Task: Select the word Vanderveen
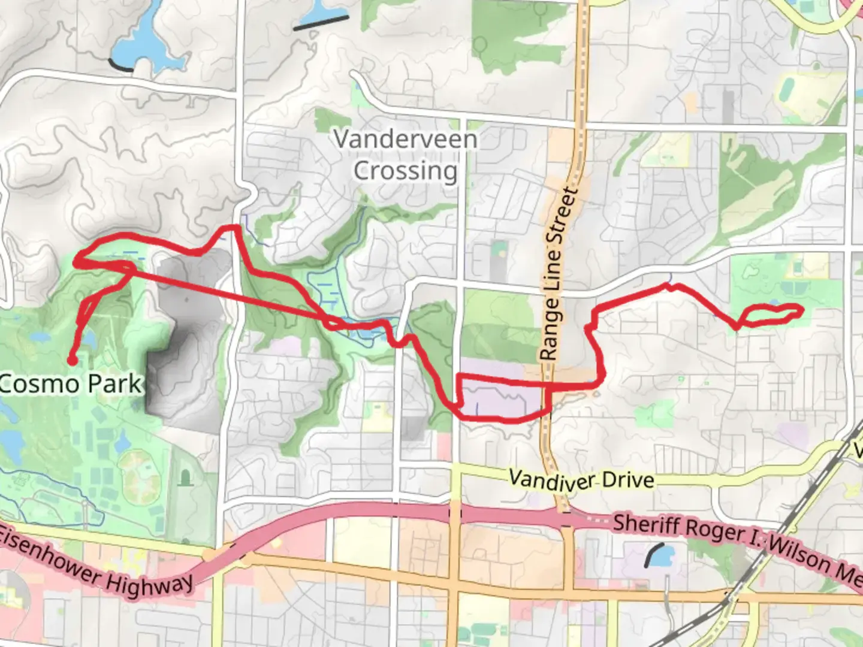406,140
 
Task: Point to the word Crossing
405,171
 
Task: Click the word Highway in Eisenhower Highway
150,585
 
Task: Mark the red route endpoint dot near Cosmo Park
71,361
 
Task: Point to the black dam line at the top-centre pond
321,23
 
